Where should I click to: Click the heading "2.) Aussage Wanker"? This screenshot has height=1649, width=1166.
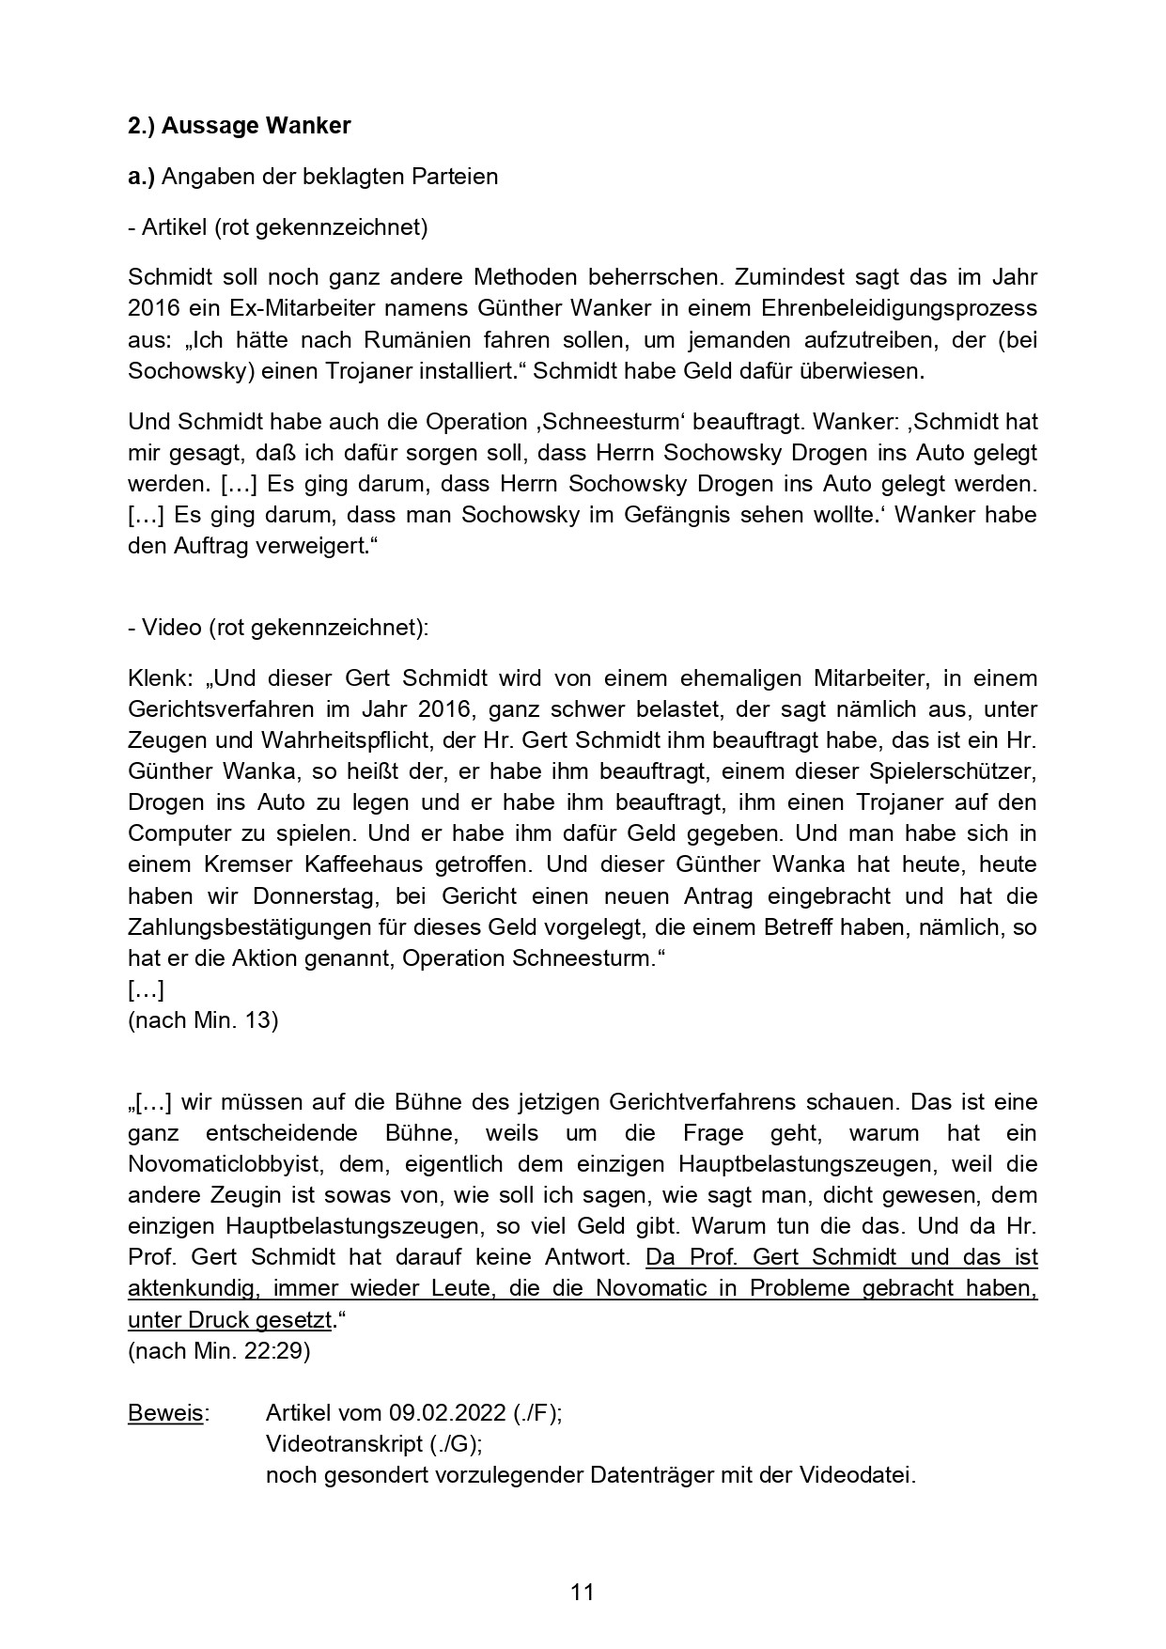point(239,126)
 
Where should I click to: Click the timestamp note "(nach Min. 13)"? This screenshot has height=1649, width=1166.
point(202,1020)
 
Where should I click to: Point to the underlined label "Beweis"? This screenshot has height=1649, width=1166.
point(165,1413)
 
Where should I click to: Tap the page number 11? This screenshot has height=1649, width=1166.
point(583,1593)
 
